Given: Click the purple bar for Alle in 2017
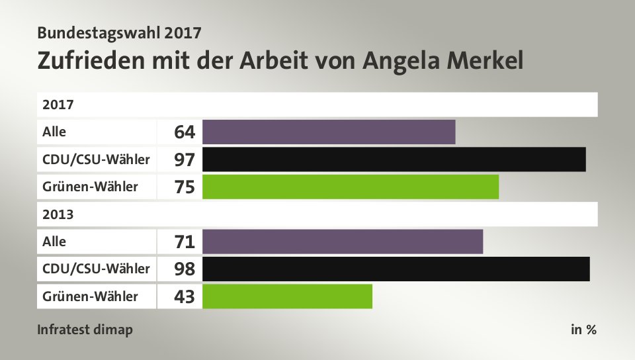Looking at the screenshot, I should [329, 132].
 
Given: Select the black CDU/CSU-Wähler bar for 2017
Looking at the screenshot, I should [394, 159].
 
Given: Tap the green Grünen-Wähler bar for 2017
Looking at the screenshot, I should [351, 187].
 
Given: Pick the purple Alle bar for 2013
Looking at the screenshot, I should [343, 242].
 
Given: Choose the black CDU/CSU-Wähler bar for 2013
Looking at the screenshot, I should [396, 269].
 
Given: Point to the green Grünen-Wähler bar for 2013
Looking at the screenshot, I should [287, 296].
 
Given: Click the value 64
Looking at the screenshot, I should [185, 132].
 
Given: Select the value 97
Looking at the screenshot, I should [185, 159].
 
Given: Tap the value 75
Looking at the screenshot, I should [185, 187].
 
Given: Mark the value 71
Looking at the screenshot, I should [185, 242].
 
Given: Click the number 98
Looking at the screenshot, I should [185, 269].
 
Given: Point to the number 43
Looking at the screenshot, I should [185, 297].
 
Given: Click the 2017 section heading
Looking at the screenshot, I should [58, 105].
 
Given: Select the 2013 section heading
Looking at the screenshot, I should [58, 214].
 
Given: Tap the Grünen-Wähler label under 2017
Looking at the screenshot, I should [90, 187].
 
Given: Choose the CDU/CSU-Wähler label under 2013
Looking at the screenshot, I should [95, 269].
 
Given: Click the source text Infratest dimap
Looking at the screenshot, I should [85, 330].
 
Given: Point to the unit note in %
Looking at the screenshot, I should [583, 330].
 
